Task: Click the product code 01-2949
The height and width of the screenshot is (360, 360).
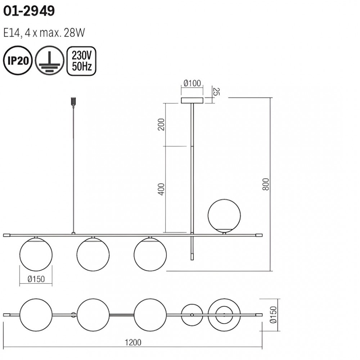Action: point(29,11)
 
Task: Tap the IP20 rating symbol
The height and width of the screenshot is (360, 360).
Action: point(18,60)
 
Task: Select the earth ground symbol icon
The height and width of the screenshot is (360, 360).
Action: point(50,60)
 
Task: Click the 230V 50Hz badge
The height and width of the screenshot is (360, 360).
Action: point(81,61)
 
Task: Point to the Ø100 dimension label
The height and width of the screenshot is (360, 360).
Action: point(192,83)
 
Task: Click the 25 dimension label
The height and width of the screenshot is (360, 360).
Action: point(216,91)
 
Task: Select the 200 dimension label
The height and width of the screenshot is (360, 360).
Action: point(161,125)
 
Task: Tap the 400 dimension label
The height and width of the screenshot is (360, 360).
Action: point(161,189)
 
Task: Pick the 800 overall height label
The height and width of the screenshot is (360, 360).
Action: point(266,184)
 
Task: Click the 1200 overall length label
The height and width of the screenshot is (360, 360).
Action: point(133,342)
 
